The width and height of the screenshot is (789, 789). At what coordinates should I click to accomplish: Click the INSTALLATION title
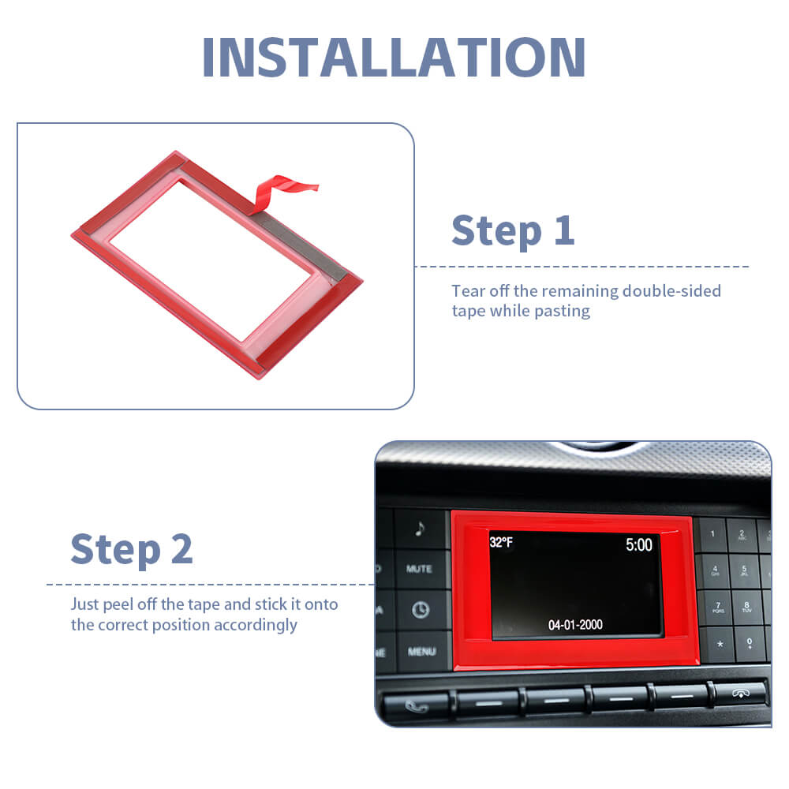coord(394,57)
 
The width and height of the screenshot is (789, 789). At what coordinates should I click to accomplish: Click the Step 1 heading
coord(513,231)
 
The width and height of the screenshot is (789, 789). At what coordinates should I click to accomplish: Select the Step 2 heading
coord(132,549)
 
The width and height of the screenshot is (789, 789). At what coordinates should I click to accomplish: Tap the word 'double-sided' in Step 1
coord(671,291)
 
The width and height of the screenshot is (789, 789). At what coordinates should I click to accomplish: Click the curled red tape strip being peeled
coord(282,194)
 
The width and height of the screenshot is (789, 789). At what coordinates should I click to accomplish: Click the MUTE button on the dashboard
coord(420,569)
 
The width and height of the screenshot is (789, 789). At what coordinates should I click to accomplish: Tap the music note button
coord(420,529)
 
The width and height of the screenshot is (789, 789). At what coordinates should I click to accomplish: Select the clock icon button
coord(421,610)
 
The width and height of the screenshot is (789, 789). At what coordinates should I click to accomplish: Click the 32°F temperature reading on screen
coord(501,542)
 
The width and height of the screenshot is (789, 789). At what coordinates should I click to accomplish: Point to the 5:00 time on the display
coord(638,544)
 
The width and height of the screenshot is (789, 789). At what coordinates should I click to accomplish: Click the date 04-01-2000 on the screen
coord(575,625)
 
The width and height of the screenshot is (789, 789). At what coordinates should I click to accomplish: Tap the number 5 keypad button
coord(744,571)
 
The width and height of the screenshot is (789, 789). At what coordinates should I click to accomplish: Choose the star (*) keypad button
coord(720,644)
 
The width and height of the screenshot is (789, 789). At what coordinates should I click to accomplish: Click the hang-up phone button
coord(741,694)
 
